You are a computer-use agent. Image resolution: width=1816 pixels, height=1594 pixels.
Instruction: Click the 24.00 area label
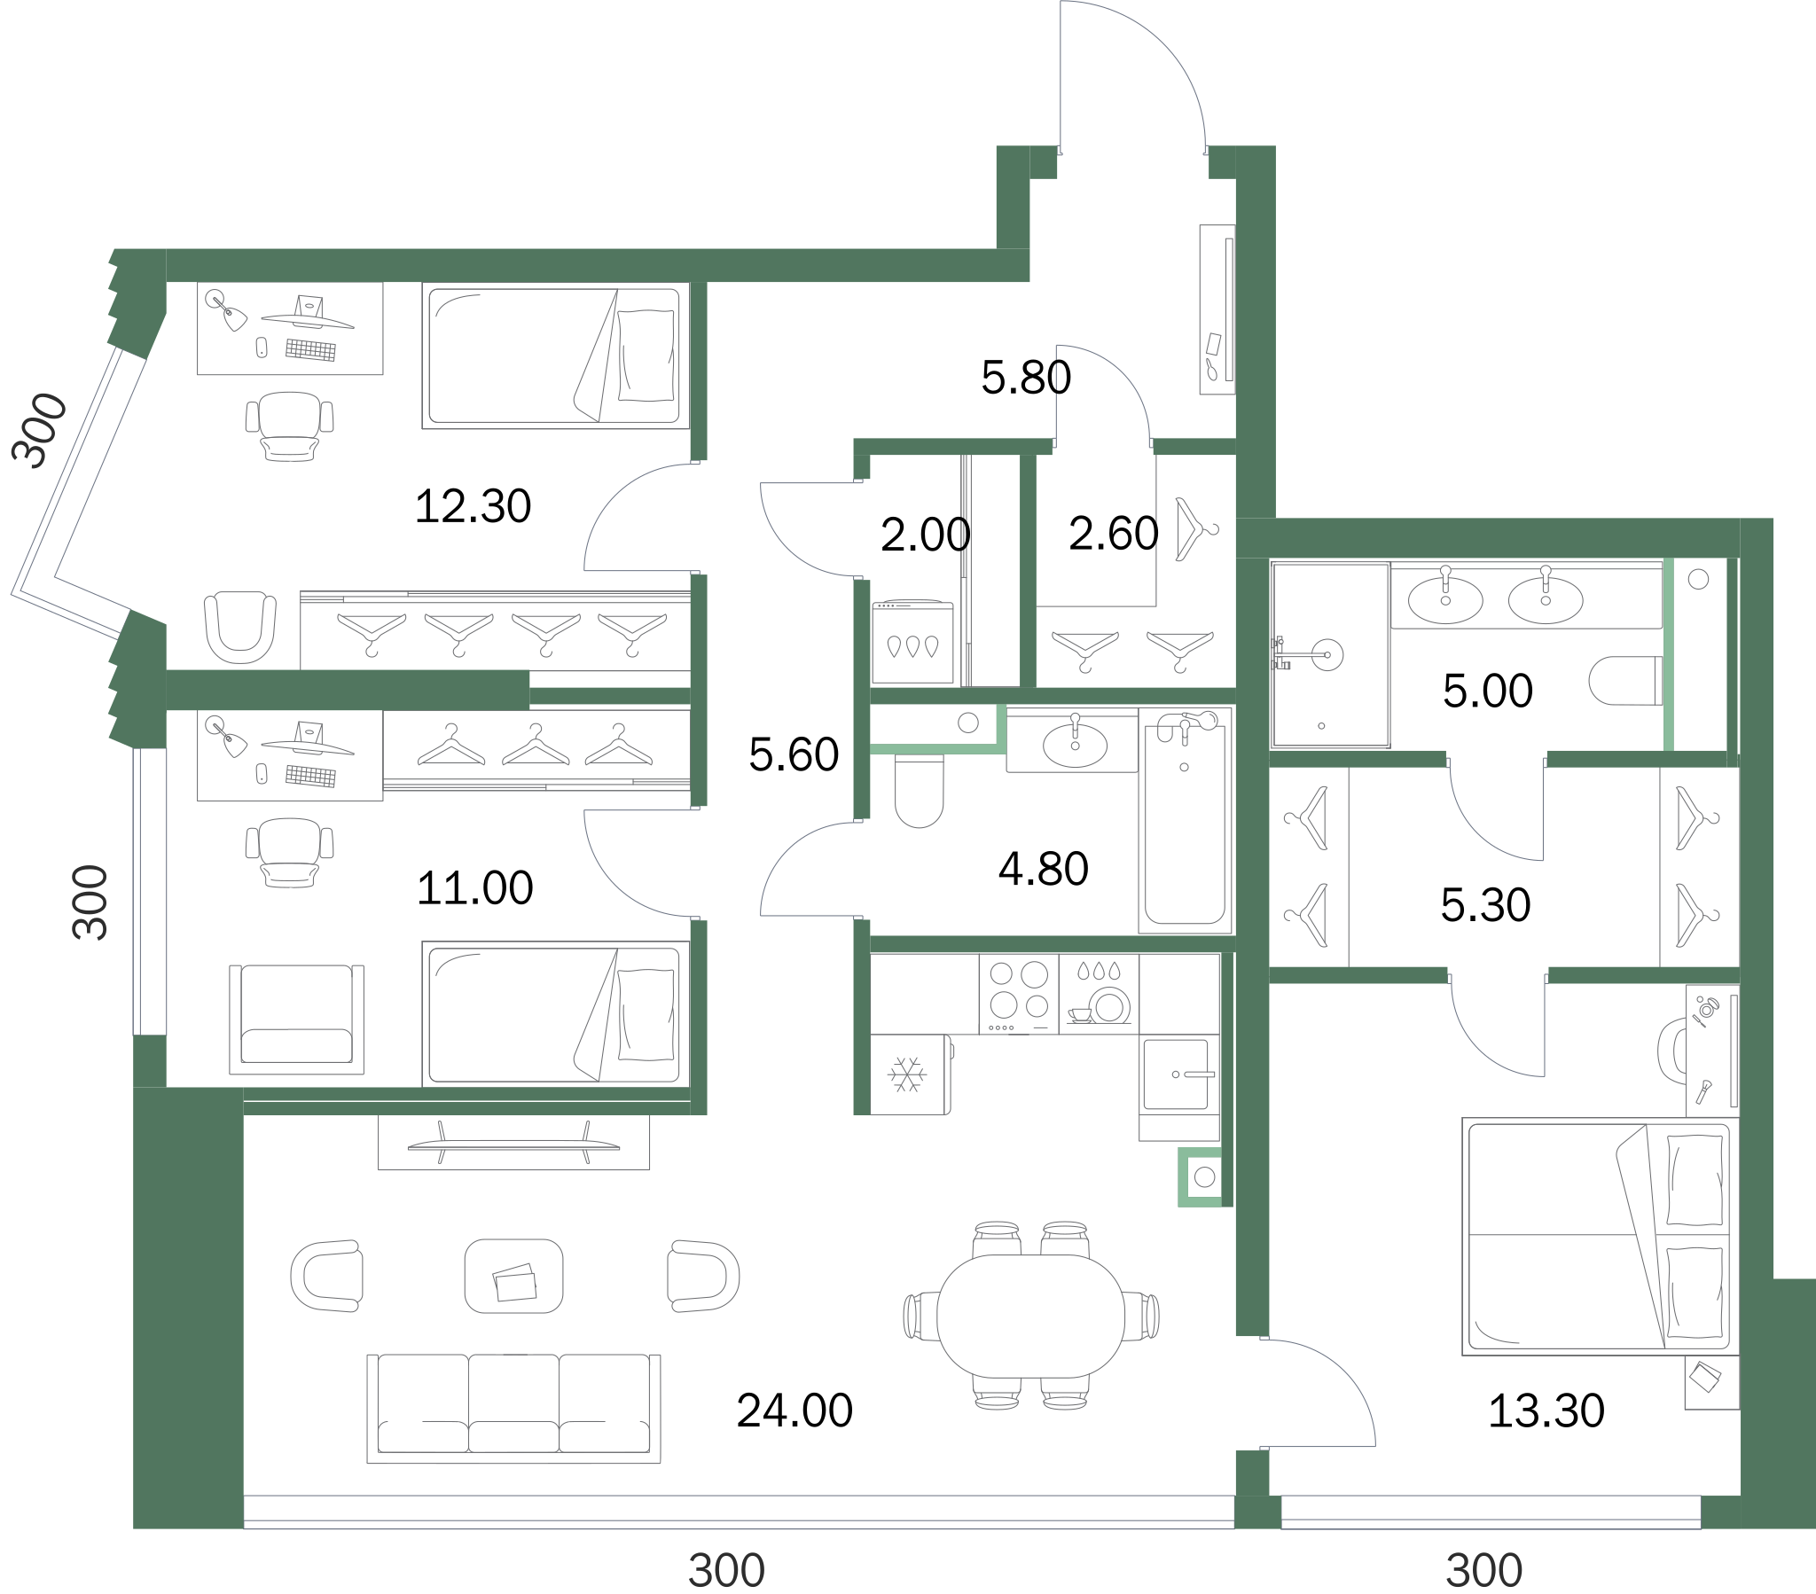point(794,1410)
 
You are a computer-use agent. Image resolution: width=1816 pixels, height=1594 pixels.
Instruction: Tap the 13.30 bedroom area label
point(1546,1410)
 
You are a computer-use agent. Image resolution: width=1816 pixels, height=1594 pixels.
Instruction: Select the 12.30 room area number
point(473,506)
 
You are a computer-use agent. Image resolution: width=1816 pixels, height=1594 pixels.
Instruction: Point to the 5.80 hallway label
point(1026,377)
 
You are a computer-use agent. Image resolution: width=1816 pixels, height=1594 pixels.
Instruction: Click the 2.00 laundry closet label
point(925,535)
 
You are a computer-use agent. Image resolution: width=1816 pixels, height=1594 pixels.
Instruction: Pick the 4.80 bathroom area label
point(1043,869)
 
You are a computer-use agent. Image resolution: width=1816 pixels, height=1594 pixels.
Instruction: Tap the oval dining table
point(1030,1316)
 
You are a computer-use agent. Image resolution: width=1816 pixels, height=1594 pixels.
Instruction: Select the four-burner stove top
point(1019,994)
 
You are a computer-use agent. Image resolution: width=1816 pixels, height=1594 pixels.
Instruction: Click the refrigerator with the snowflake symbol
point(911,1074)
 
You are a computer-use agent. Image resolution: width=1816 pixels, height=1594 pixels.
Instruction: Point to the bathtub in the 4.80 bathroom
point(1186,820)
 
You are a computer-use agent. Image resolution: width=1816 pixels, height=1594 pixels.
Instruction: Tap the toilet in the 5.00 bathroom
point(1625,680)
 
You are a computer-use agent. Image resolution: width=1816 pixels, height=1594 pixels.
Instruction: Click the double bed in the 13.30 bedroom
point(1601,1236)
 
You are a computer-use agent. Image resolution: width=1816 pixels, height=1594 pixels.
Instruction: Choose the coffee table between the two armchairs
point(513,1276)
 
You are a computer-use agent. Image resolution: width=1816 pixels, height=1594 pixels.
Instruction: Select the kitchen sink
point(1177,1074)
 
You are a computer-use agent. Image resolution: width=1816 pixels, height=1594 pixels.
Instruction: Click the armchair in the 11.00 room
point(297,1020)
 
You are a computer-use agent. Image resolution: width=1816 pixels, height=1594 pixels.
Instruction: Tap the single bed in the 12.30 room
point(555,356)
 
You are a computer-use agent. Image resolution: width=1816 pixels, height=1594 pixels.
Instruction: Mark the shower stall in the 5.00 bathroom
point(1330,655)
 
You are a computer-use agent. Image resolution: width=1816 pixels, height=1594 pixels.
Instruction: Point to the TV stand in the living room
point(513,1142)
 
